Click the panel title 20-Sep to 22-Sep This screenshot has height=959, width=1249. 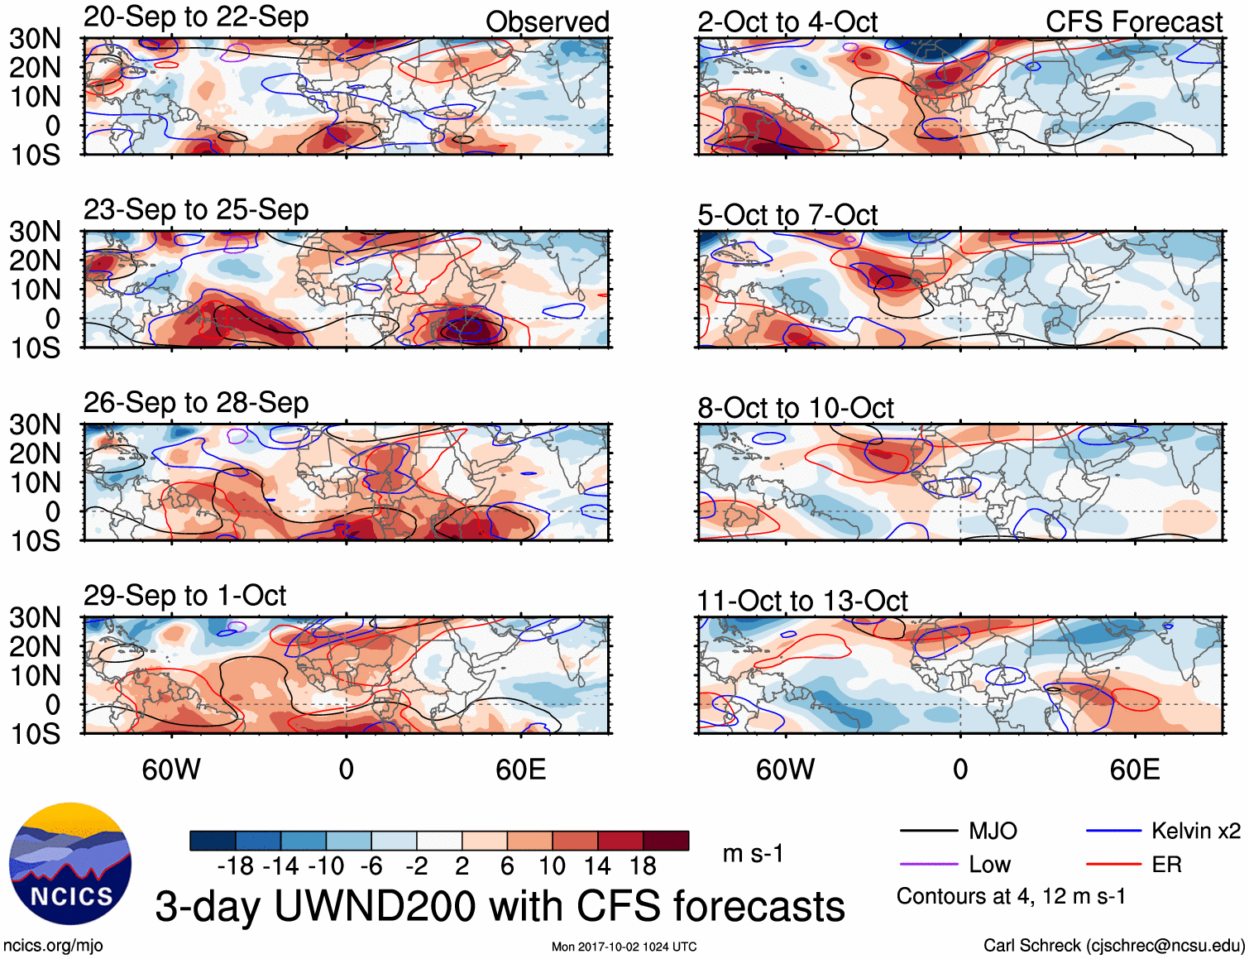click(196, 17)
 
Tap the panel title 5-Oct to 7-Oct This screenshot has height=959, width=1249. click(787, 215)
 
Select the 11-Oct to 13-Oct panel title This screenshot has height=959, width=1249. click(802, 601)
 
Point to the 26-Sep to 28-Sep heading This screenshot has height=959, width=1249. click(196, 403)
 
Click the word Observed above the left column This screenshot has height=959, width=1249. click(547, 22)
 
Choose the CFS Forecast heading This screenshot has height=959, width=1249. click(1133, 22)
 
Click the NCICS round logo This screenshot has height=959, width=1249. click(70, 863)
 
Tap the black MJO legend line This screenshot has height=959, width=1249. click(928, 831)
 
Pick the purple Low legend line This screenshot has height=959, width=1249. click(928, 865)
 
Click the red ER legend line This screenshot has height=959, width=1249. click(1113, 865)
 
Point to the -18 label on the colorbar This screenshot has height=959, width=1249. click(235, 866)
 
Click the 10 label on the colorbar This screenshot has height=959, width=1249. click(552, 866)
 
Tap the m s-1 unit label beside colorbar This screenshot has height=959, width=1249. click(753, 854)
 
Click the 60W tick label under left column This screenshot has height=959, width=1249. click(171, 770)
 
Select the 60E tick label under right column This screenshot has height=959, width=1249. click(1134, 770)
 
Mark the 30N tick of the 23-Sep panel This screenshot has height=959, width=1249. click(35, 232)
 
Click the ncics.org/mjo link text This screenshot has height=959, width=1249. click(53, 946)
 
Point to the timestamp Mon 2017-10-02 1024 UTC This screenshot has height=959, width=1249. click(624, 947)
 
